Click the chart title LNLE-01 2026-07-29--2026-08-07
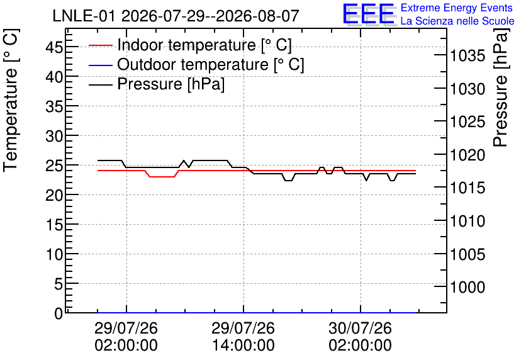point(176,16)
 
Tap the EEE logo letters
point(368,14)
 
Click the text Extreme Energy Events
point(457,8)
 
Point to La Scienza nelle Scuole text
point(457,21)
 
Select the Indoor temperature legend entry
point(190,45)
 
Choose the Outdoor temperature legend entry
point(196,64)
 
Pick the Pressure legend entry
point(157,84)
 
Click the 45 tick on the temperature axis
point(54,47)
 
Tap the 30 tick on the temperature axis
point(54,136)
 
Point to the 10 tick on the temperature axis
point(54,255)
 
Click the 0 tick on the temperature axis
point(59,313)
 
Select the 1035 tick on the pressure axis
point(467,55)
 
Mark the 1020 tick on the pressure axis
point(467,155)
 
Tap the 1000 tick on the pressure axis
point(467,287)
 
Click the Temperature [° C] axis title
point(11,101)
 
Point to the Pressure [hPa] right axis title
point(501,87)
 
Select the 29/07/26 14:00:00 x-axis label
point(243,336)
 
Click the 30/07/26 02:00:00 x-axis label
point(361,336)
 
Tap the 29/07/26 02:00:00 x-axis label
point(126,336)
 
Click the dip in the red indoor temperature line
point(162,176)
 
